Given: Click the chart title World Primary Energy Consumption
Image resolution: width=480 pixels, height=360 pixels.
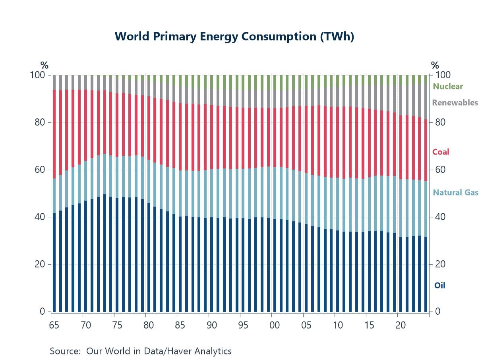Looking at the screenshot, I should pyautogui.click(x=234, y=37).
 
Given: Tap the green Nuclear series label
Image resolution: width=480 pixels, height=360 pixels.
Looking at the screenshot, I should pyautogui.click(x=448, y=86).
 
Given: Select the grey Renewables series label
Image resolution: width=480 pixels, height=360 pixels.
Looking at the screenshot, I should pyautogui.click(x=455, y=103).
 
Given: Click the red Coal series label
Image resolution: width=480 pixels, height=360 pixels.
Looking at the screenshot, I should pyautogui.click(x=441, y=152).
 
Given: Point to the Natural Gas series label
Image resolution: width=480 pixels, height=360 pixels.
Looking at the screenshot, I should pyautogui.click(x=455, y=193).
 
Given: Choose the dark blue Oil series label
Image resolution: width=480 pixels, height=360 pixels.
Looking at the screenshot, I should pyautogui.click(x=439, y=285).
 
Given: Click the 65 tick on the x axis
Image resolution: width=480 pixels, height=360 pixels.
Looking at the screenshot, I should pyautogui.click(x=54, y=325).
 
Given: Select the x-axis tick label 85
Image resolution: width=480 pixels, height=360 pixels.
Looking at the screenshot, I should pyautogui.click(x=180, y=325).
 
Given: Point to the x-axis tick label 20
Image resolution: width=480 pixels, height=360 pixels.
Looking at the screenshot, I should pyautogui.click(x=400, y=325).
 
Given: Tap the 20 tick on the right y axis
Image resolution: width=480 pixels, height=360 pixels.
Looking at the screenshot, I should pyautogui.click(x=441, y=264).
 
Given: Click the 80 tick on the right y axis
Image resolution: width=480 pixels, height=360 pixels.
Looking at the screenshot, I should pyautogui.click(x=441, y=122).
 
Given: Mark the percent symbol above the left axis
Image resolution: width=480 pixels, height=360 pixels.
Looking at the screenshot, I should pyautogui.click(x=45, y=66).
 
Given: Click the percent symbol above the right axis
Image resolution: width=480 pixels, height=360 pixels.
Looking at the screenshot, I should pyautogui.click(x=435, y=66).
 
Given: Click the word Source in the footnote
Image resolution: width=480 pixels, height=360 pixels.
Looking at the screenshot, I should pyautogui.click(x=63, y=351).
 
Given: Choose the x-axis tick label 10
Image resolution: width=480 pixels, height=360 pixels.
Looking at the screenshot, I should pyautogui.click(x=337, y=325).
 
